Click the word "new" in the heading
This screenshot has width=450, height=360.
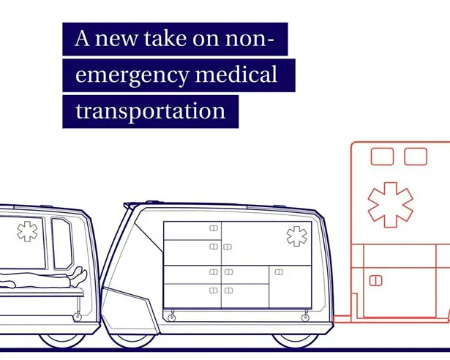tap(116, 39)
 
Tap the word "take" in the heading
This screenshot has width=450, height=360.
tap(165, 39)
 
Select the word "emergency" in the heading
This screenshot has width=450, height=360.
tap(132, 75)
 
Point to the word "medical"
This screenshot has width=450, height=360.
tap(236, 73)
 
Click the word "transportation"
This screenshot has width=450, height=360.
tap(151, 110)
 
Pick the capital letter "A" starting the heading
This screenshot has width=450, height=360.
tap(82, 38)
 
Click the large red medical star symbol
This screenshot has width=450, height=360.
tap(390, 205)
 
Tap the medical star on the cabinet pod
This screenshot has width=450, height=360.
tap(297, 236)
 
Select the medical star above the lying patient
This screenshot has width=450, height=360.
tap(27, 231)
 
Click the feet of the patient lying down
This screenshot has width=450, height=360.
tap(78, 276)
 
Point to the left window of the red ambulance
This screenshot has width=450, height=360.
tap(382, 157)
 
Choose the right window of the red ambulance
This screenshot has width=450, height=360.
tap(416, 157)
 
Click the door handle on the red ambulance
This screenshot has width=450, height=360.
tap(375, 280)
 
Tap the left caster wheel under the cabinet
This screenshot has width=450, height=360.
tap(172, 317)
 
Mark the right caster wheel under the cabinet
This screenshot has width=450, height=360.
tap(305, 317)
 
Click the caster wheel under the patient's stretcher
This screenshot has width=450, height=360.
tap(78, 317)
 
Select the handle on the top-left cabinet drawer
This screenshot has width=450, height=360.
tap(214, 228)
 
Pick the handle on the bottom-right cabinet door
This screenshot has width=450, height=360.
tap(279, 272)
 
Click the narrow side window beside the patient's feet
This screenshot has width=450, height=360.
tap(62, 244)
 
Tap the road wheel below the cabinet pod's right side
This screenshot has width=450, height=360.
tap(295, 341)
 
